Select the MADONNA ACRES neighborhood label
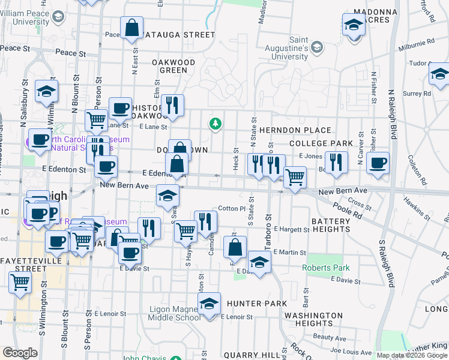(368, 16)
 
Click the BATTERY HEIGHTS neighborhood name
(330, 226)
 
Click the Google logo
(20, 353)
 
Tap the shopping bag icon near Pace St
(131, 28)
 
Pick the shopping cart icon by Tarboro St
(294, 178)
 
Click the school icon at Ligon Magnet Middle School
(209, 304)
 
